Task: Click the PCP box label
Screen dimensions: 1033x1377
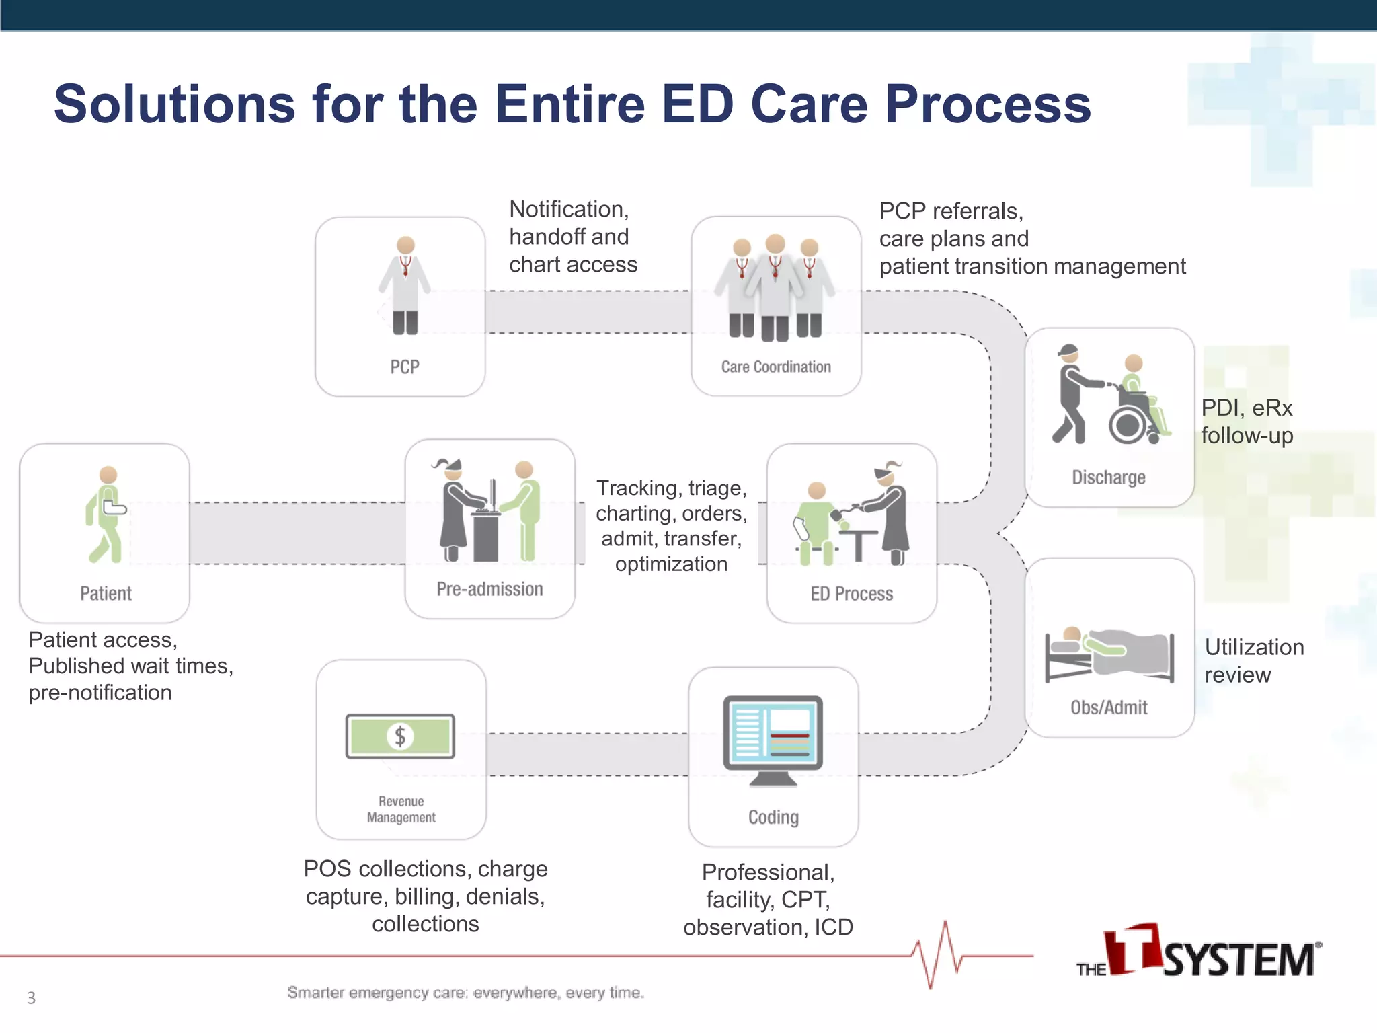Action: (404, 367)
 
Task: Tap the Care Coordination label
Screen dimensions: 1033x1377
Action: (776, 367)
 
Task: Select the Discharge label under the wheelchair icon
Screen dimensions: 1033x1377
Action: (1108, 477)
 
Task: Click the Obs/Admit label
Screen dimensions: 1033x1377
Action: (1109, 707)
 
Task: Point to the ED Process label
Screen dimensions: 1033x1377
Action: (851, 594)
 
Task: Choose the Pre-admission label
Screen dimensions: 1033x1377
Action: (489, 589)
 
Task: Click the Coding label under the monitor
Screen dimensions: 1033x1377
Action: (773, 817)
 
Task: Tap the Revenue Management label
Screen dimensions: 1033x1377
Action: (401, 809)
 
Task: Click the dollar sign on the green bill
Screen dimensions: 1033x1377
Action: (400, 736)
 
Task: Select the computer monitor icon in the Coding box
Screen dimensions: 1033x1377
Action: (773, 736)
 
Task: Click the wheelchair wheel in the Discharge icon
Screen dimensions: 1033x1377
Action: (1127, 424)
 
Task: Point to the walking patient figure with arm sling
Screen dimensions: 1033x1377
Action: (106, 514)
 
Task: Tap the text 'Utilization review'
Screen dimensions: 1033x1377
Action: (1253, 660)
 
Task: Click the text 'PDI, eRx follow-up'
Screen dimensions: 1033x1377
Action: (1247, 422)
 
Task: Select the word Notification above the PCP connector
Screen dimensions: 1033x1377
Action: (568, 209)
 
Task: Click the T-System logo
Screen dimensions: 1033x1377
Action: (1198, 952)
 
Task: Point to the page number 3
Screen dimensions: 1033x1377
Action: (31, 998)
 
